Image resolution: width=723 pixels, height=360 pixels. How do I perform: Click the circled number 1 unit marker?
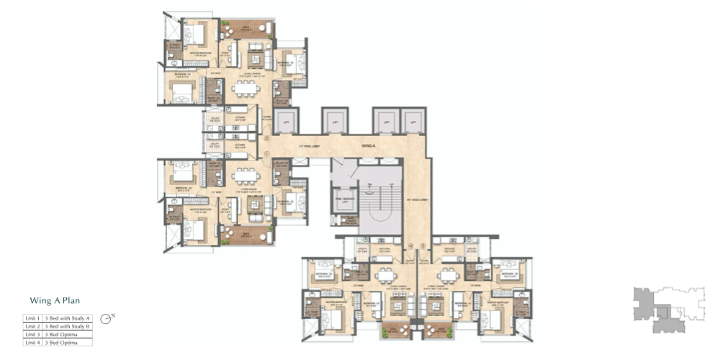[266, 152]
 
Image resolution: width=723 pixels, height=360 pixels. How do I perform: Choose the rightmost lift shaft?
[413, 122]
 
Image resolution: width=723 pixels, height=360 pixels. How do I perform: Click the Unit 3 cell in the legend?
[32, 334]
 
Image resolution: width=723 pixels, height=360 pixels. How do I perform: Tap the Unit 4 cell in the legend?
[32, 343]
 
